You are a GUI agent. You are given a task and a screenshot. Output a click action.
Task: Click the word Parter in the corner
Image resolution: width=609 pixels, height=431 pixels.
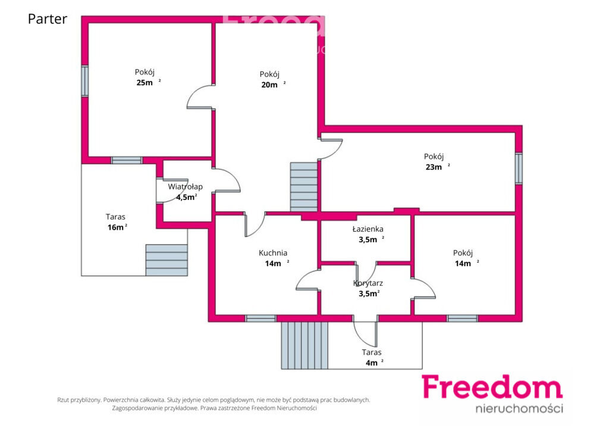[48, 19]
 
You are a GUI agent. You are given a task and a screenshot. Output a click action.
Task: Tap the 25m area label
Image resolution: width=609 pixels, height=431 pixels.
[148, 82]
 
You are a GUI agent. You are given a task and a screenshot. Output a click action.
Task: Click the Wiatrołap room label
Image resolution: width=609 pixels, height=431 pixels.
[186, 186]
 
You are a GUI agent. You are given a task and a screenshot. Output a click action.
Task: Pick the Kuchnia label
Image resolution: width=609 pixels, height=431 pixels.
[273, 253]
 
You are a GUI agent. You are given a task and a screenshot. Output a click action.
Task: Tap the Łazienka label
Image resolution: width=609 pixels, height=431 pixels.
[368, 229]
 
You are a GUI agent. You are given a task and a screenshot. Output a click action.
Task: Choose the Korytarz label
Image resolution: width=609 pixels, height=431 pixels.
[368, 283]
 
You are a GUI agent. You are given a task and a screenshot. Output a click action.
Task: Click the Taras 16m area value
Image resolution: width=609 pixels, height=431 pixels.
[117, 227]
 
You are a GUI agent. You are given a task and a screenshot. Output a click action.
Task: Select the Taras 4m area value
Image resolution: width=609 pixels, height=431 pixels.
[375, 363]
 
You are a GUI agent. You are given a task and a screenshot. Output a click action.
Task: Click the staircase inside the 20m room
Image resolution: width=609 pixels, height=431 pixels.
[304, 187]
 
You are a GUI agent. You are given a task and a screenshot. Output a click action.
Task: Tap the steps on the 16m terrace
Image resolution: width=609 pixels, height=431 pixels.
[167, 260]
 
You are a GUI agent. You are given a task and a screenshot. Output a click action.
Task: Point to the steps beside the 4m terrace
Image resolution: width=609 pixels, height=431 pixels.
[304, 345]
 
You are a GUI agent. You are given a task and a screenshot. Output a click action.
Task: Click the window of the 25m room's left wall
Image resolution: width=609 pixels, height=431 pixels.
[84, 81]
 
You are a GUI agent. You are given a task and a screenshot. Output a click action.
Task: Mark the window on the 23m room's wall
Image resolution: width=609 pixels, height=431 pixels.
[519, 168]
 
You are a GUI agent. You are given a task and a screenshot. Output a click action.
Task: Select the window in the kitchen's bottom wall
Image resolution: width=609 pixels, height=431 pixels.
[260, 318]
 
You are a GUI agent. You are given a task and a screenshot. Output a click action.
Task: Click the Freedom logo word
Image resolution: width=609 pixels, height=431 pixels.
[492, 387]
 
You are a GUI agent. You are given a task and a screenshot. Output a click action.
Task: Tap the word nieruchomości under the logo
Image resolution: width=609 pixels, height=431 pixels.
[519, 408]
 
